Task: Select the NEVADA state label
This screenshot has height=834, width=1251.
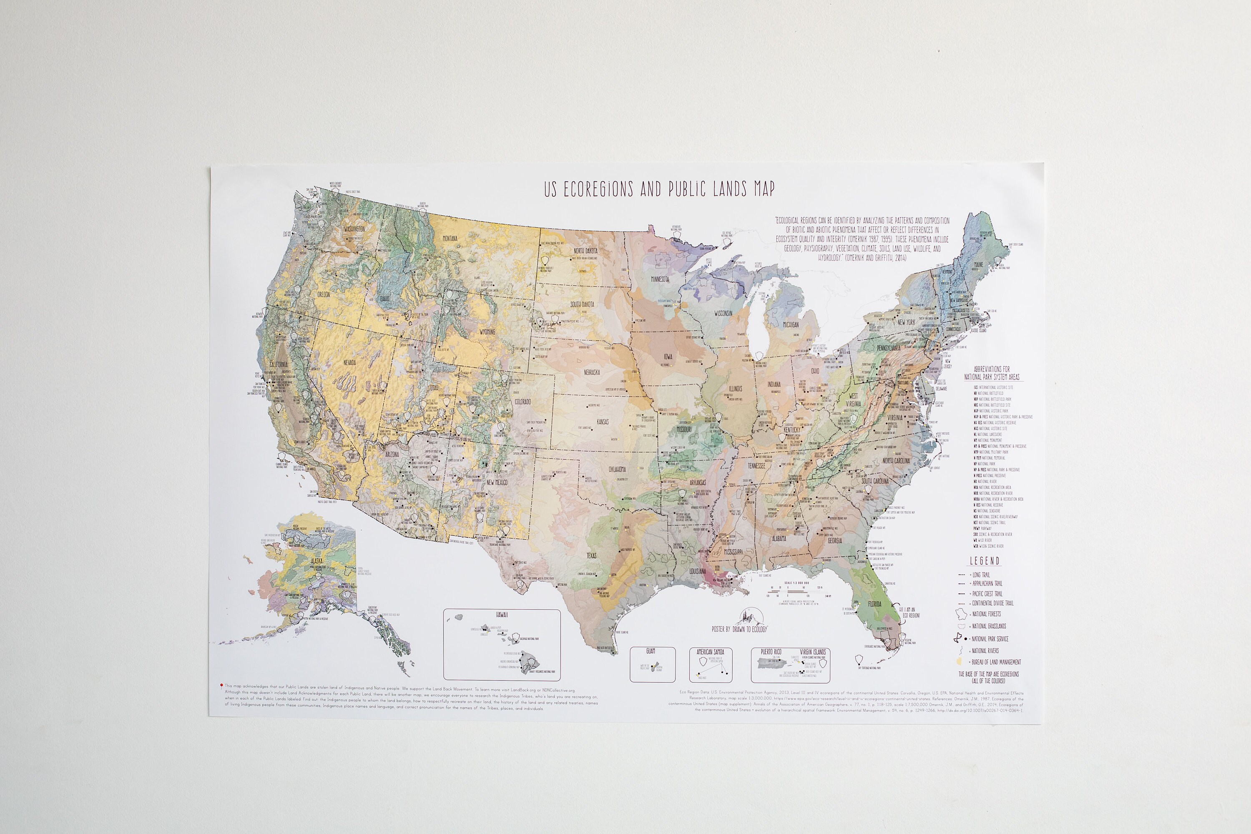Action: [x=349, y=363]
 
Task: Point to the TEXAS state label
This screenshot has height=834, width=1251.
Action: [x=591, y=555]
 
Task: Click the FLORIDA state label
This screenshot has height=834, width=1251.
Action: [x=875, y=604]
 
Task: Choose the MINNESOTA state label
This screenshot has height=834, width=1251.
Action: [x=660, y=279]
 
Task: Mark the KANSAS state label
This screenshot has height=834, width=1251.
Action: [x=603, y=422]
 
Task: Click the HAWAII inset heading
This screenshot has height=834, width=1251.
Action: [x=502, y=614]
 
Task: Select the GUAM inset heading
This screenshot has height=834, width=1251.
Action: [x=651, y=651]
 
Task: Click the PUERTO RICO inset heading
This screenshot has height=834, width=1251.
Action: [x=770, y=651]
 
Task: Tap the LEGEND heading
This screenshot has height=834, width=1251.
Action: [x=984, y=560]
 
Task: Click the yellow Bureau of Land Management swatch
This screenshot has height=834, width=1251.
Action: [x=958, y=662]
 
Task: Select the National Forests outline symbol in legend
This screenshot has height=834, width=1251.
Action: [x=961, y=614]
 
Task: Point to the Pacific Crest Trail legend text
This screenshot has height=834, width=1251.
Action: [x=987, y=593]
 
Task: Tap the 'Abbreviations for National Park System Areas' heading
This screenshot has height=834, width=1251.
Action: [x=992, y=372]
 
